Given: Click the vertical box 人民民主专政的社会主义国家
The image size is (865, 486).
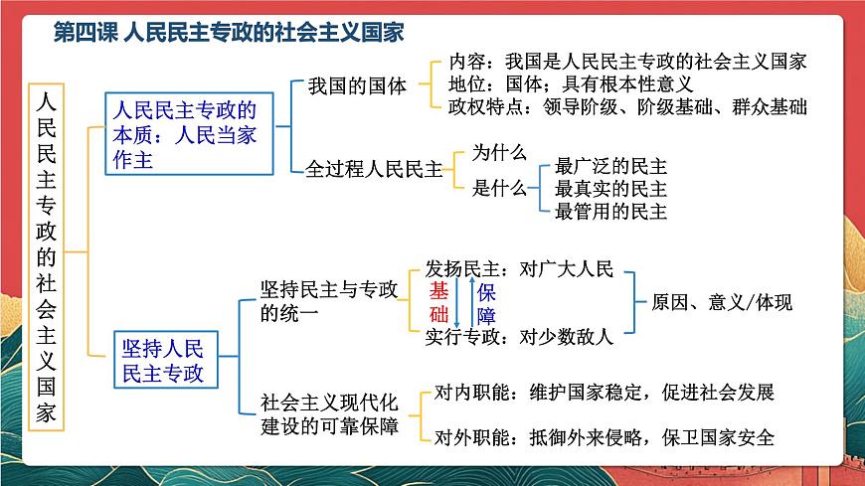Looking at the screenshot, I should [x=47, y=255].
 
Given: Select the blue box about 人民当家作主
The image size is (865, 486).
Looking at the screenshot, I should [x=186, y=133].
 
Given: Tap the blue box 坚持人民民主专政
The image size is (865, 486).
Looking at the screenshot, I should [x=163, y=361].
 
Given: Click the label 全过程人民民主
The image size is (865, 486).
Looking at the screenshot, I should [x=374, y=168].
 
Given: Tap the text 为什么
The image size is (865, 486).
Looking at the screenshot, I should [x=498, y=152].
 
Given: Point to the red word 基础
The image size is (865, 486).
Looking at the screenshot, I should [x=439, y=302].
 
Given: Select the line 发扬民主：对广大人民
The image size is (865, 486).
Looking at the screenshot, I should [x=520, y=269].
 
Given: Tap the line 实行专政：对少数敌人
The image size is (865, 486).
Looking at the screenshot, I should [x=520, y=336].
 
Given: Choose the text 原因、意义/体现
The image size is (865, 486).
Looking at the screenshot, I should [x=722, y=302].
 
